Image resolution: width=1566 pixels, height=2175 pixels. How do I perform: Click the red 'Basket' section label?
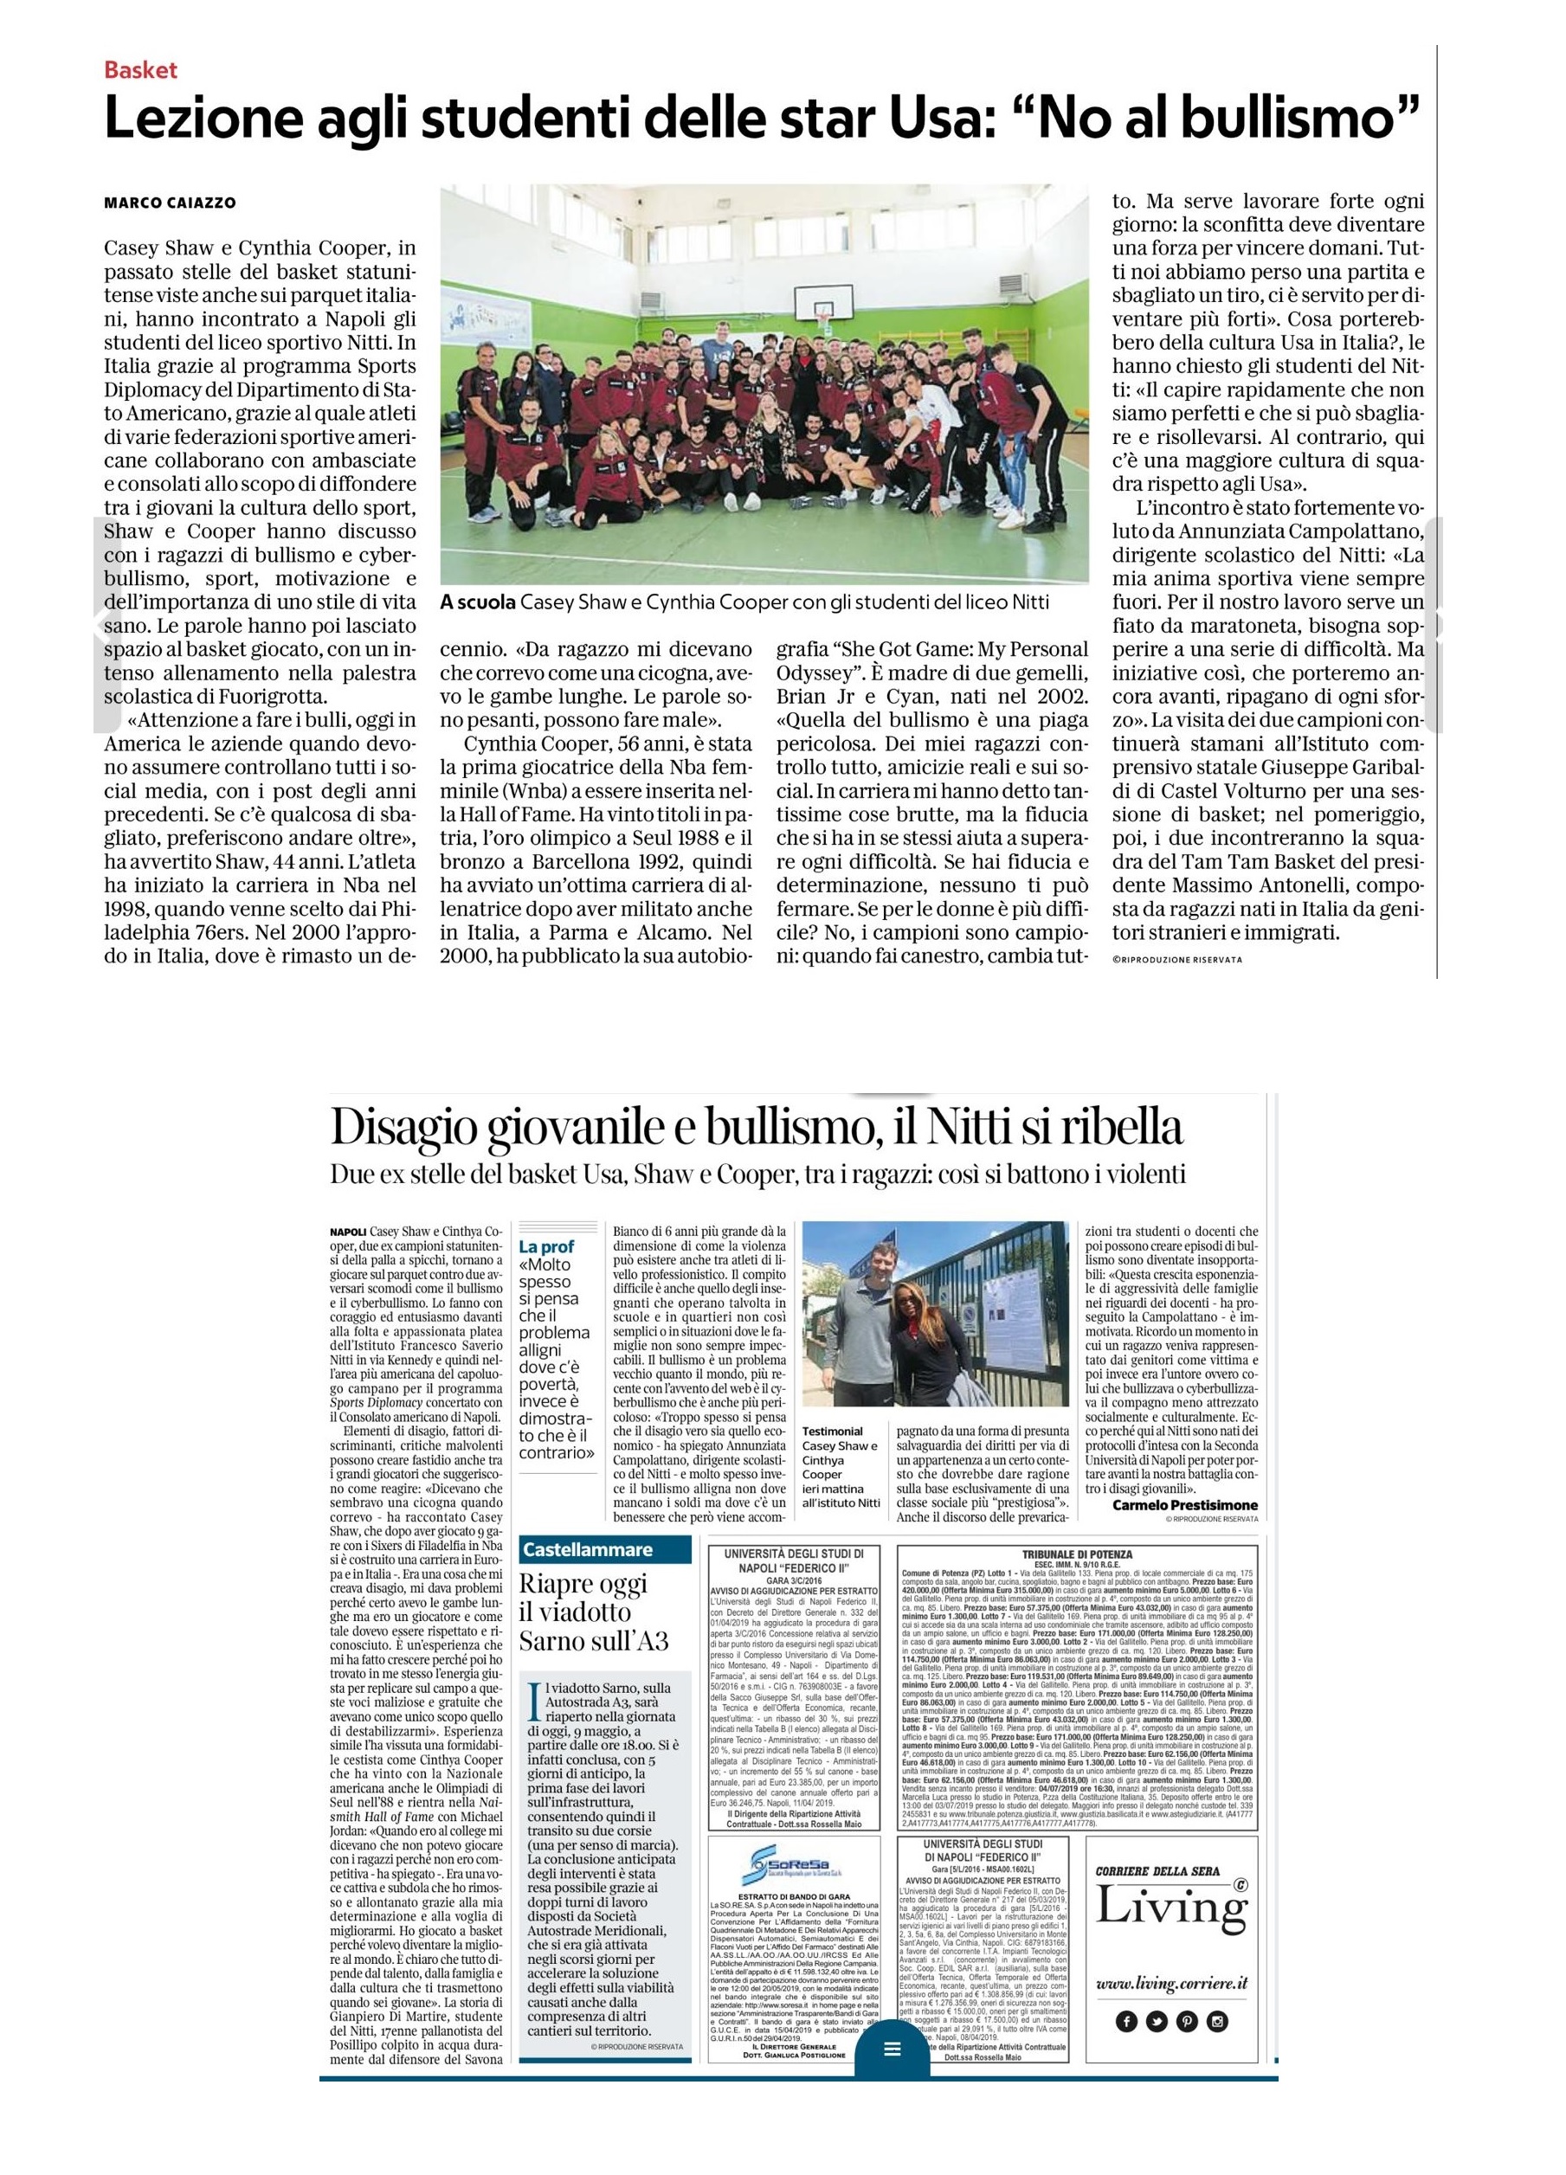click(140, 69)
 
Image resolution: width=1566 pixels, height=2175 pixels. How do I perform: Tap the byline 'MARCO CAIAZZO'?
click(169, 203)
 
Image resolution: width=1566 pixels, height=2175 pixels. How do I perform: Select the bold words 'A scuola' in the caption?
click(477, 602)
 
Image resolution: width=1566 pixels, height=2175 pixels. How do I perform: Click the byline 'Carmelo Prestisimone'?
click(1184, 1504)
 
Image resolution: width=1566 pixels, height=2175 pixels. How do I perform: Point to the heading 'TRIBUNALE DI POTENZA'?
click(1077, 1553)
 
